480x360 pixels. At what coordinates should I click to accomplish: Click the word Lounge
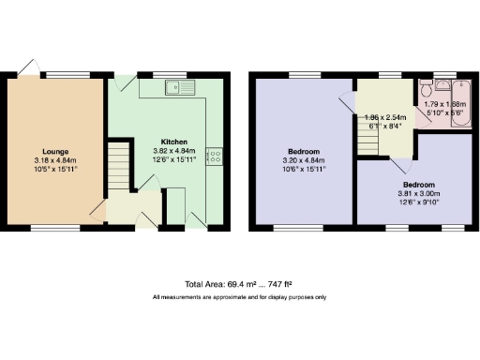point(54,150)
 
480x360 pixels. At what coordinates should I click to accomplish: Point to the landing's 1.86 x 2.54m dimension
point(384,117)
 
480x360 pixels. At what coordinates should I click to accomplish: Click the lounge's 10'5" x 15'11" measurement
point(54,169)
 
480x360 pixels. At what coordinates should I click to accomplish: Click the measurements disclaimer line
point(240,297)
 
